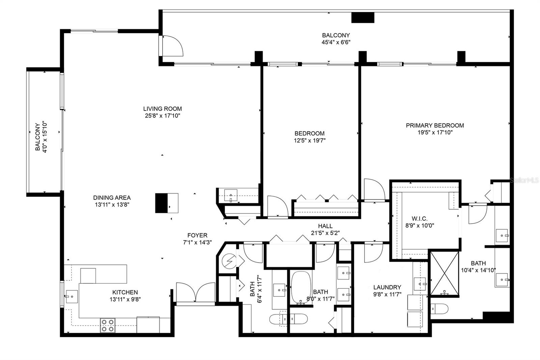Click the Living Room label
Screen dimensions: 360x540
162,109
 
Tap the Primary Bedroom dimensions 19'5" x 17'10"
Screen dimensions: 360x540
435,133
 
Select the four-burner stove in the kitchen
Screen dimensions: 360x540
107,325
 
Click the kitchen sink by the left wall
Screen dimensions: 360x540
72,297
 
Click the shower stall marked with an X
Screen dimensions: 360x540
445,273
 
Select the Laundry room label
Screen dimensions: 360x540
387,287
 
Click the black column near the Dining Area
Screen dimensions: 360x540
161,203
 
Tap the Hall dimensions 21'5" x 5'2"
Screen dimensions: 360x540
325,233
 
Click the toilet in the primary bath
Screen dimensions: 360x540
439,309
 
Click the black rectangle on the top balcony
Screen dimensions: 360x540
363,18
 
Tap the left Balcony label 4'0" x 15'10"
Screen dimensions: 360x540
41,137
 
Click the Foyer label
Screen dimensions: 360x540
197,235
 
